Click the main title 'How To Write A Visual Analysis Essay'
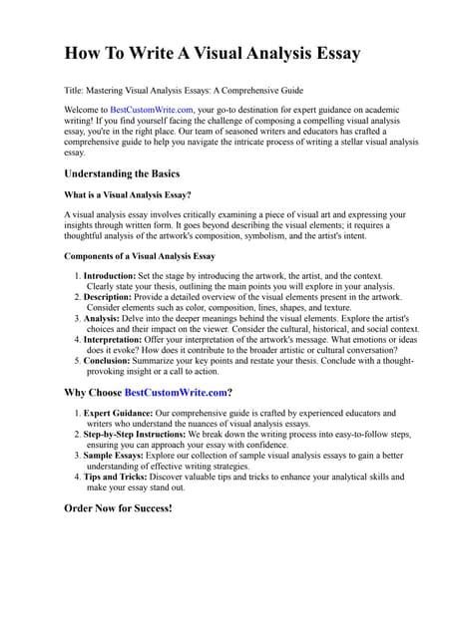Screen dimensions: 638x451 click(213, 52)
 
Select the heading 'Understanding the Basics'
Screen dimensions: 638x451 click(121, 173)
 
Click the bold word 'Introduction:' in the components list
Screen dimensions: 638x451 click(113, 275)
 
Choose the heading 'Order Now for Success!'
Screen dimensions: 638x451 click(118, 508)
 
